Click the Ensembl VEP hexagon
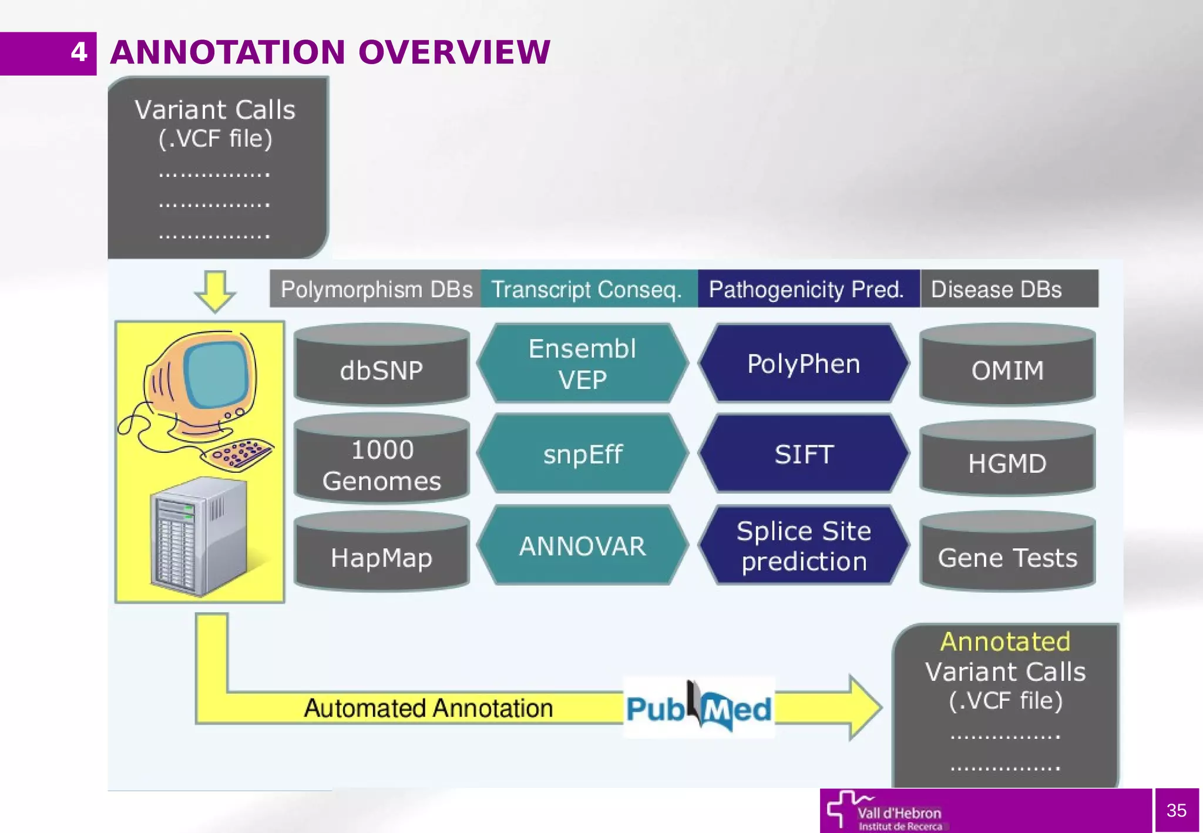click(x=582, y=364)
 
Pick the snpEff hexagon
click(x=582, y=454)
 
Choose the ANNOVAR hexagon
click(x=582, y=546)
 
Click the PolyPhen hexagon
click(x=804, y=364)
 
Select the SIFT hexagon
click(x=804, y=454)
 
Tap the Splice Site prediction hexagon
click(x=804, y=546)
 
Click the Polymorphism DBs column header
click(x=376, y=289)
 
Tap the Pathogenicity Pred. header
click(x=808, y=289)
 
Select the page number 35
click(x=1176, y=811)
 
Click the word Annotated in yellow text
click(x=1005, y=641)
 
